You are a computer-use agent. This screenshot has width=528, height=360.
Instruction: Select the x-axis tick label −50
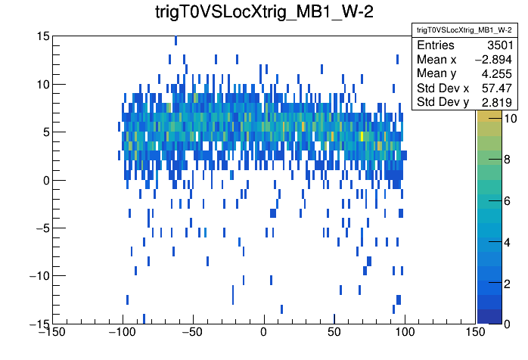(193, 332)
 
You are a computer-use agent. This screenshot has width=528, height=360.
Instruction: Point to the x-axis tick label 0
(263, 332)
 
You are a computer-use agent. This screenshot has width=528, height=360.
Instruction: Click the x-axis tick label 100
(405, 332)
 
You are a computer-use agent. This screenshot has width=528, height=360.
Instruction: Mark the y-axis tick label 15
(42, 36)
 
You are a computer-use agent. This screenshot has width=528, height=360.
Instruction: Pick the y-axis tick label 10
(42, 84)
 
